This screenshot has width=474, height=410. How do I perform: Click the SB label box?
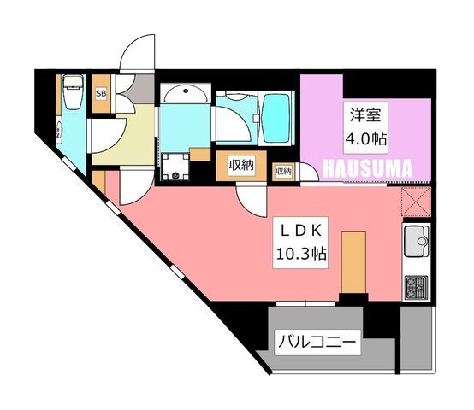pos(101,93)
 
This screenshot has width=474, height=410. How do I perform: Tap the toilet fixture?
pos(73,92)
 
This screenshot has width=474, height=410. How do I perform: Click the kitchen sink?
pos(418,241)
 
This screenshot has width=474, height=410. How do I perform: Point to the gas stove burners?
pos(417,287)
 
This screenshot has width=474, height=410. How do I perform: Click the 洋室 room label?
pos(365,115)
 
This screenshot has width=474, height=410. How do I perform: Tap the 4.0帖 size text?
pos(366,139)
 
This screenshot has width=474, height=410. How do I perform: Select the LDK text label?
pos(300,231)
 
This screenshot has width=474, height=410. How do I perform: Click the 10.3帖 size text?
pos(301,254)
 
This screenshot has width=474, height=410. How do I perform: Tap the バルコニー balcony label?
pos(317,343)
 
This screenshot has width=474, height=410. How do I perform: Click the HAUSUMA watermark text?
pos(368,168)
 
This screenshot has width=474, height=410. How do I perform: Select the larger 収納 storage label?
pos(241,166)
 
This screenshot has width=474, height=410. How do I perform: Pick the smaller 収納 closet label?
pos(283,172)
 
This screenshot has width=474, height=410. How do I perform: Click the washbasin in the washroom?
pos(186,94)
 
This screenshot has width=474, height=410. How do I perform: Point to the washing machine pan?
pos(175,167)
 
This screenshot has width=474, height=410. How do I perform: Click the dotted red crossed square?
pos(416,202)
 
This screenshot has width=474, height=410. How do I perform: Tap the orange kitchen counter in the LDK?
pos(353,262)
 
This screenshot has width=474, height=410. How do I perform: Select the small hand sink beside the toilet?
pos(59,131)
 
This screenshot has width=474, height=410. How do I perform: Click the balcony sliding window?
pos(305,303)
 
